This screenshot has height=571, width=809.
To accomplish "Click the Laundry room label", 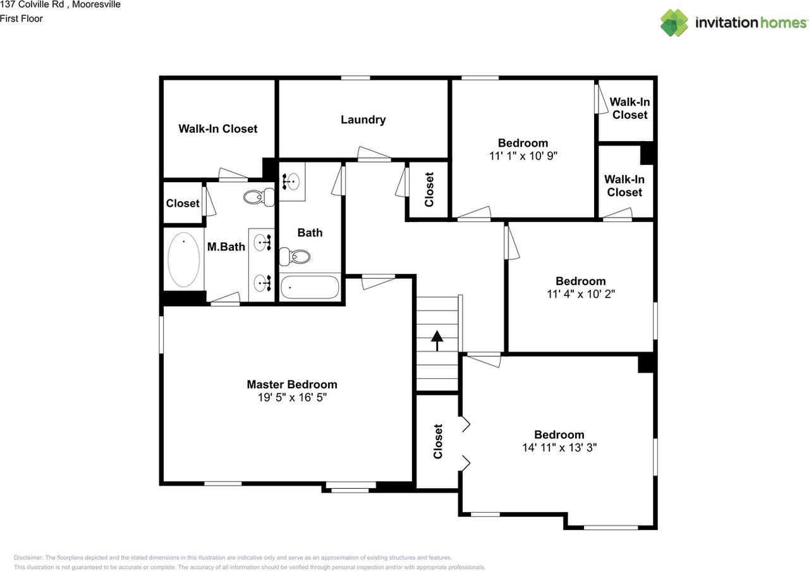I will click(363, 120).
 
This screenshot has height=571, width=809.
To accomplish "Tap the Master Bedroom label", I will click(291, 384).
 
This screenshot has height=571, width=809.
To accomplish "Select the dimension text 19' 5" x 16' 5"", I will click(291, 398).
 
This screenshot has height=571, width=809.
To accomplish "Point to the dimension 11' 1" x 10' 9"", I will click(523, 156).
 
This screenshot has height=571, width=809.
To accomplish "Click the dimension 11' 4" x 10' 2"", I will click(580, 294).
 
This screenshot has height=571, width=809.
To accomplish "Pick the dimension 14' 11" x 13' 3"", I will click(559, 448).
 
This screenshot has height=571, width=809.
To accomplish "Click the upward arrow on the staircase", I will click(437, 340).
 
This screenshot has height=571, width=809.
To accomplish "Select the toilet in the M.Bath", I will click(257, 197).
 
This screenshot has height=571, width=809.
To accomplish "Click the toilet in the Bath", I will click(296, 256).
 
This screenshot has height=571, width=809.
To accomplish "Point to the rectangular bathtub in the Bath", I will click(310, 287).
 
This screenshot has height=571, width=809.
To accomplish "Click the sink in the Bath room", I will click(291, 181).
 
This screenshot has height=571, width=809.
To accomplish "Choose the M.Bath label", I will click(226, 247).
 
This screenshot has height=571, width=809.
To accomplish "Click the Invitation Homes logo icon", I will click(674, 23).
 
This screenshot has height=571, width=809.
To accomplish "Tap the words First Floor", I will click(21, 18).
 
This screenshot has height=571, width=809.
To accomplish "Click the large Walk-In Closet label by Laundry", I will click(218, 128).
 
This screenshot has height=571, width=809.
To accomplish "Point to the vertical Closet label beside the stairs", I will click(438, 441).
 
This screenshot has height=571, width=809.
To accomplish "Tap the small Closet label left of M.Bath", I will click(183, 203).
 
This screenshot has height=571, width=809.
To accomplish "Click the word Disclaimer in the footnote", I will click(28, 558).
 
